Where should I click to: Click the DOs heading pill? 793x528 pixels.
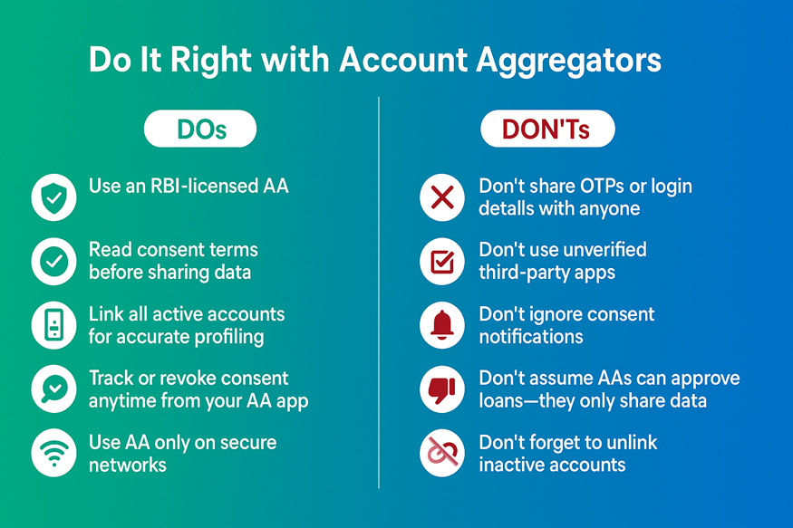coord(200,130)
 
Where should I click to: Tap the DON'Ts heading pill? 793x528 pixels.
coord(546,130)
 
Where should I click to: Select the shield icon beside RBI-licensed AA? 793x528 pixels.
coord(53,197)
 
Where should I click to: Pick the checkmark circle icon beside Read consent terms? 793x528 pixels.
coord(53,261)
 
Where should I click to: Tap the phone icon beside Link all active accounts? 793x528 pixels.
coord(53,325)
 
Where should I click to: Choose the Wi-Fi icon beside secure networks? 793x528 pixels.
coord(53,453)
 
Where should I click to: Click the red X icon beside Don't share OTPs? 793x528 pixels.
coord(442,197)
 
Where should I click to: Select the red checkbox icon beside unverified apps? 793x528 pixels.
coord(442,261)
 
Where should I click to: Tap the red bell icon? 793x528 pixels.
coord(442,325)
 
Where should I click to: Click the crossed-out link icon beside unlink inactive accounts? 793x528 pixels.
coord(442,453)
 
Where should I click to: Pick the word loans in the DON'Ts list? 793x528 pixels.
coord(502,401)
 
